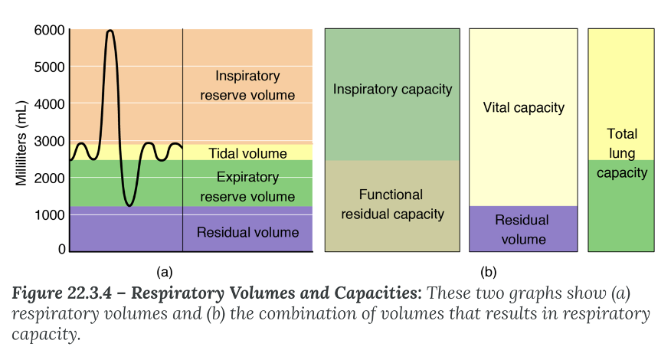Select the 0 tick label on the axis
61,250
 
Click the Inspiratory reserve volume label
247,86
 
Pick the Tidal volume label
247,154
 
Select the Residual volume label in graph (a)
247,232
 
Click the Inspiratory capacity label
392,90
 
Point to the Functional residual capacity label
391,205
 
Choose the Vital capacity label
524,108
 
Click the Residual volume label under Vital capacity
522,230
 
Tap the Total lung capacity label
621,153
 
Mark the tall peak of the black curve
110,31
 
